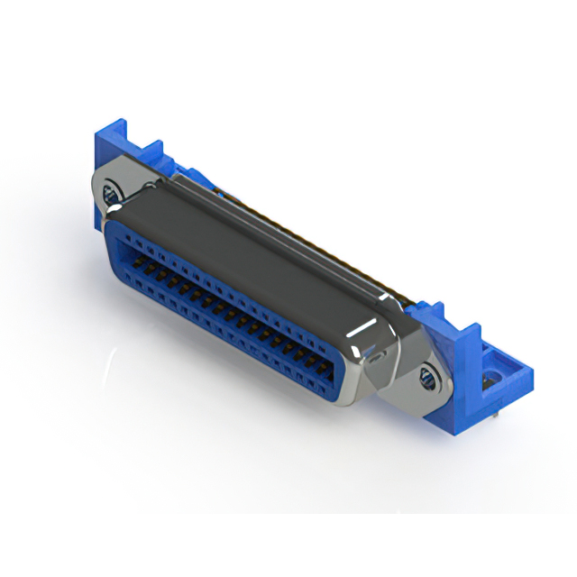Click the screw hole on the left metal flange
(113, 192)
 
